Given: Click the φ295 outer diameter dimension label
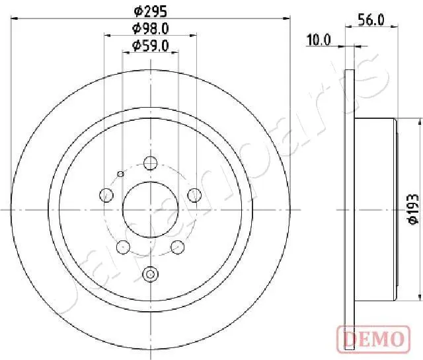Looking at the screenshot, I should [x=151, y=11].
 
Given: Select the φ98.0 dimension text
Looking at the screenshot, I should [x=151, y=28].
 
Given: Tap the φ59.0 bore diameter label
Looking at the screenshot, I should [x=151, y=46].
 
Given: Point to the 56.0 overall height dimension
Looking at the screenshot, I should [x=371, y=20].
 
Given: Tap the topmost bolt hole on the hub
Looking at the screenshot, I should [x=151, y=162].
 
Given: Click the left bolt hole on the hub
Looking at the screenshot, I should [x=105, y=194].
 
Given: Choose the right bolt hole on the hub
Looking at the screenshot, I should [x=194, y=194].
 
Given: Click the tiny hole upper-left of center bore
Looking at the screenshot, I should [x=120, y=174].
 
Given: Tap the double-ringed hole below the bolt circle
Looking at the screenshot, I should [x=151, y=273].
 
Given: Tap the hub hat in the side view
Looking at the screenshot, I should [x=375, y=209].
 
